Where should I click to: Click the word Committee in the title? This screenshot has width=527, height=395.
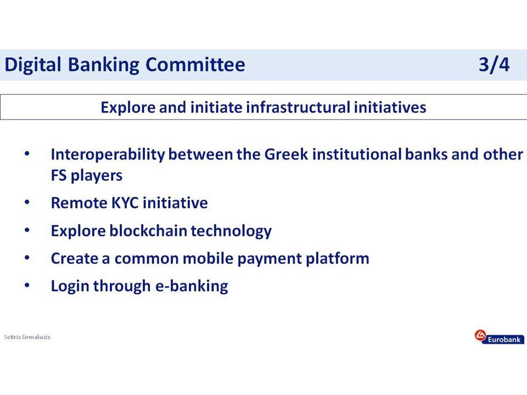195,65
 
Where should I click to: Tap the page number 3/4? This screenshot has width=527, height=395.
494,65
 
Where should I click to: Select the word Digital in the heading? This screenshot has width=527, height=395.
33,65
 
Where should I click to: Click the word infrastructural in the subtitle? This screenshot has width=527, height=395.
298,108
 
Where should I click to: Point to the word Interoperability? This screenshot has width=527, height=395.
108,155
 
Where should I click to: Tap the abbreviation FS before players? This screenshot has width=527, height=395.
59,176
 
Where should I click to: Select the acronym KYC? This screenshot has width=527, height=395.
125,203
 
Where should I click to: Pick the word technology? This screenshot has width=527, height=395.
231,232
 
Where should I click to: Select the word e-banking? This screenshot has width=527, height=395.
192,286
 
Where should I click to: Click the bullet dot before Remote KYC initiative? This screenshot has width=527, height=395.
27,202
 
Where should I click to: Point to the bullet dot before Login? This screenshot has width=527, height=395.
27,285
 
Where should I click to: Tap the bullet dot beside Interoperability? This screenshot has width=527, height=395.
27,154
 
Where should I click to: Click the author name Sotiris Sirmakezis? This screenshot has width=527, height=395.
27,337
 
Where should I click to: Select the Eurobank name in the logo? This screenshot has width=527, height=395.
504,340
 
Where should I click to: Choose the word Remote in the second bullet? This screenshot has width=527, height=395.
79,203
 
